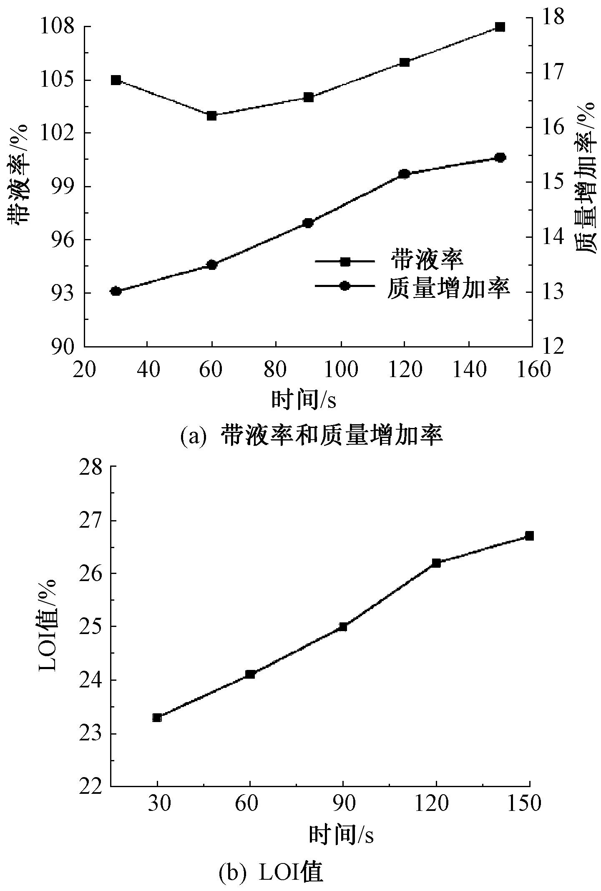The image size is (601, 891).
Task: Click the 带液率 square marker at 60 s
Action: (x=212, y=116)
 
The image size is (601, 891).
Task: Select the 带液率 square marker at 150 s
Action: (x=500, y=27)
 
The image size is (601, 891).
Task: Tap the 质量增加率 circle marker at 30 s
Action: (x=116, y=291)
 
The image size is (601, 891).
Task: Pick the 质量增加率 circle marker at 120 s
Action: (x=404, y=174)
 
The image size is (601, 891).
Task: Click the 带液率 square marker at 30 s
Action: (x=116, y=80)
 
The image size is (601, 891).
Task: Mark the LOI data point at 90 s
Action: (x=343, y=626)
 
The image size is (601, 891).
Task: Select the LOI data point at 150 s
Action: (x=529, y=536)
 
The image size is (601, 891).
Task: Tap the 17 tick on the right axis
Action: (x=552, y=73)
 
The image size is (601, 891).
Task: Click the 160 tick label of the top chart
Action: (x=532, y=370)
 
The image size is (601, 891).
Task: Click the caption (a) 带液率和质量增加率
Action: (x=311, y=436)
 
